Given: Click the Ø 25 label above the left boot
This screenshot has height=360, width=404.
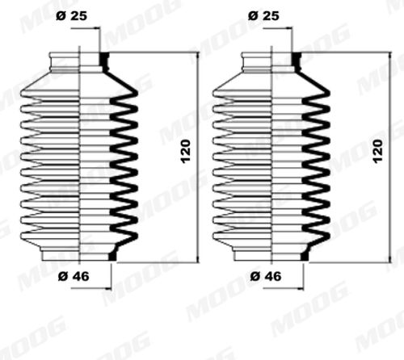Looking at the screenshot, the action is tap(71, 16).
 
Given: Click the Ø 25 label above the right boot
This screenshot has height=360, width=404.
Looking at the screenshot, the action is tap(263, 16).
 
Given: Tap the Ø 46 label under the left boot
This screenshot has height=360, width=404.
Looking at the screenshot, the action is tap(74, 276).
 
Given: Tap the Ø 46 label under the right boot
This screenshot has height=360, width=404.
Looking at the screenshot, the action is tap(266, 276).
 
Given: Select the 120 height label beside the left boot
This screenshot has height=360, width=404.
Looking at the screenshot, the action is tap(186, 152).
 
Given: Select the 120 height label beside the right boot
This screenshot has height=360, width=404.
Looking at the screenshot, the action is tap(378, 151).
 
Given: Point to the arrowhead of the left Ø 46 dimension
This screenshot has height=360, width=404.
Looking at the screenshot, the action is tap(108, 289).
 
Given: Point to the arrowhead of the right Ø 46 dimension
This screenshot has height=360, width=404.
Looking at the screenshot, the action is tap(301, 289).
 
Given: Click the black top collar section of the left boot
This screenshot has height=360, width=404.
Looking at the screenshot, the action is tap(104, 61).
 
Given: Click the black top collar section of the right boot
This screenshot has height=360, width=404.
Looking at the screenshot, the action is tap(297, 61).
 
